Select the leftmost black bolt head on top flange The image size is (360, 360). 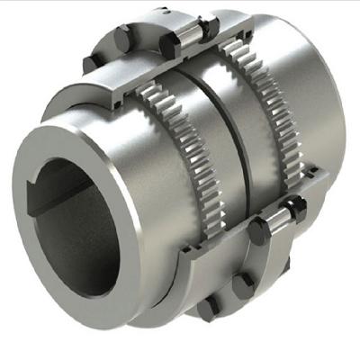[123, 38]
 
